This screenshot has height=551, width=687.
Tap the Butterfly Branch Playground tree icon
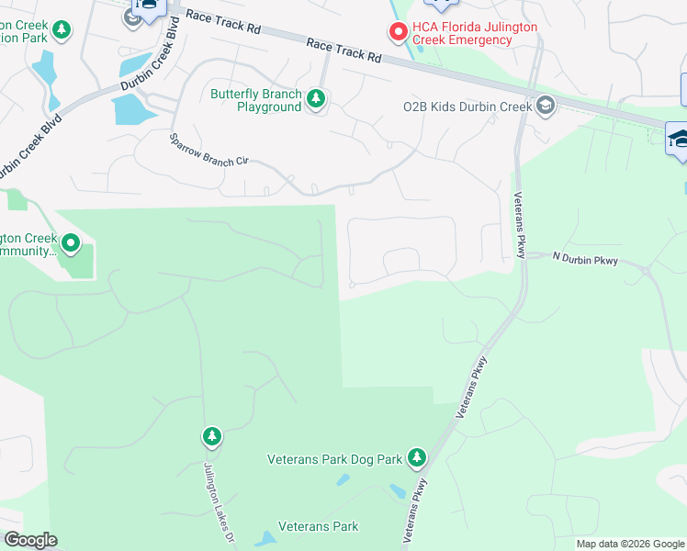[x=316, y=98]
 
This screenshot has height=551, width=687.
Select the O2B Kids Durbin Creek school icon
[x=546, y=106]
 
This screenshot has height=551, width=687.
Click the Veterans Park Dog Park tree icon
[x=417, y=456]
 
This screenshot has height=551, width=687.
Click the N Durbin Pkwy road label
[x=585, y=262]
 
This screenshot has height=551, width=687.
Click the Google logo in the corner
[x=30, y=540]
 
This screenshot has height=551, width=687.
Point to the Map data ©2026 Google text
[x=629, y=544]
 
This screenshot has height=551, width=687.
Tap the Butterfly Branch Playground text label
[x=256, y=100]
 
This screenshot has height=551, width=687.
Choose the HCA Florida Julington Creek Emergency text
[x=475, y=34]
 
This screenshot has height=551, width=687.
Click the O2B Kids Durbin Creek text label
[x=467, y=107]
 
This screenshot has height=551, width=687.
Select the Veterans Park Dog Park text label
[x=335, y=458]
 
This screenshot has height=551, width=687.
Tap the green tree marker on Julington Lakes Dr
[x=212, y=435]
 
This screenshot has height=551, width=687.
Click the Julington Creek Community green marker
[x=71, y=244]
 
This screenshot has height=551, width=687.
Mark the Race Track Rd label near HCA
[x=343, y=50]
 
